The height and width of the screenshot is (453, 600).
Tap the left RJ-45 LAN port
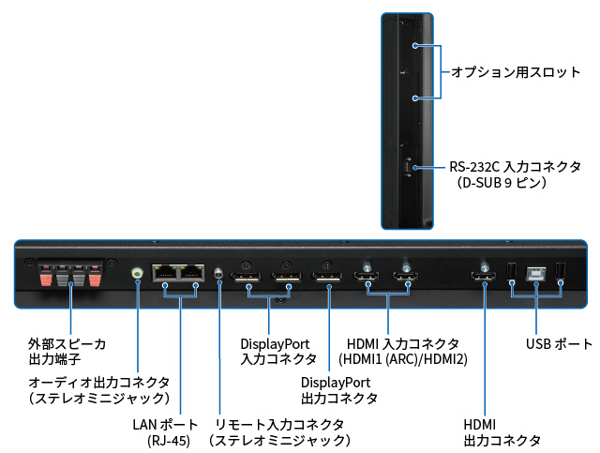click(165, 272)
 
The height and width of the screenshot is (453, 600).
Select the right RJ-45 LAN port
click(192, 272)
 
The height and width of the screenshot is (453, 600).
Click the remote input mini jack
click(219, 273)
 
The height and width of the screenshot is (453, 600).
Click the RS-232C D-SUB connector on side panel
click(408, 168)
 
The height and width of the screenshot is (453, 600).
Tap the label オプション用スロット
click(516, 72)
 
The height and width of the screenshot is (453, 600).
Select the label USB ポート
click(559, 343)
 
